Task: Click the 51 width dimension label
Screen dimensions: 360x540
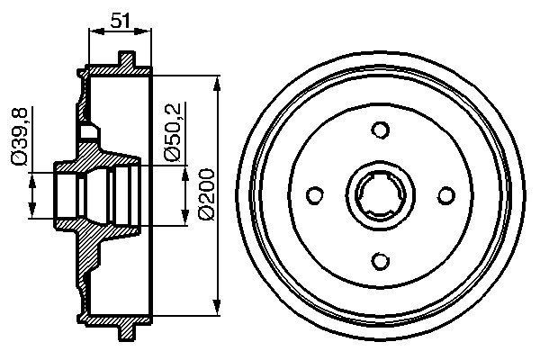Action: pyautogui.click(x=121, y=18)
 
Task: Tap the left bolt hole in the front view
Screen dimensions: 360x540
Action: pyautogui.click(x=315, y=193)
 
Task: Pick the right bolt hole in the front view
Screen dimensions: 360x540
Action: pyautogui.click(x=445, y=193)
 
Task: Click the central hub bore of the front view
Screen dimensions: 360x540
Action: pyautogui.click(x=380, y=193)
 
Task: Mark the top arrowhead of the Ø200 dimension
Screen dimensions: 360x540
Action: pyautogui.click(x=218, y=83)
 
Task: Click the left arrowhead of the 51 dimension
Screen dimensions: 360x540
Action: pyautogui.click(x=94, y=31)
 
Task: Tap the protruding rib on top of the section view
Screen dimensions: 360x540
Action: pyautogui.click(x=126, y=61)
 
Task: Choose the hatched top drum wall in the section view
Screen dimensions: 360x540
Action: pyautogui.click(x=117, y=70)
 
